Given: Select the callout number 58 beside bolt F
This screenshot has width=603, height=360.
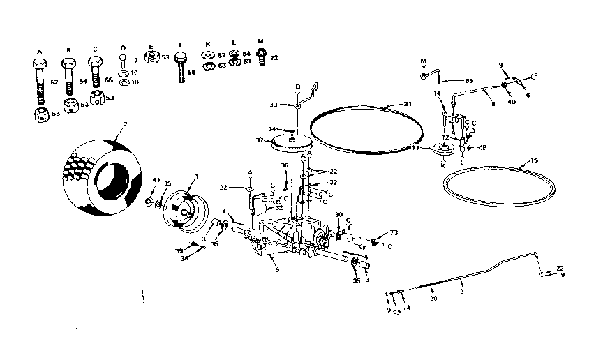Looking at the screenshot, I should click(x=191, y=72).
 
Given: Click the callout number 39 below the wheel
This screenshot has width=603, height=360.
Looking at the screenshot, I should click(x=179, y=250).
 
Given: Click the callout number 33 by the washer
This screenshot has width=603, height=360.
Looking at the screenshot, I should click(x=284, y=105).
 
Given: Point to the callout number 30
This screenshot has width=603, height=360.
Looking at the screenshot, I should click(x=338, y=214).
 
